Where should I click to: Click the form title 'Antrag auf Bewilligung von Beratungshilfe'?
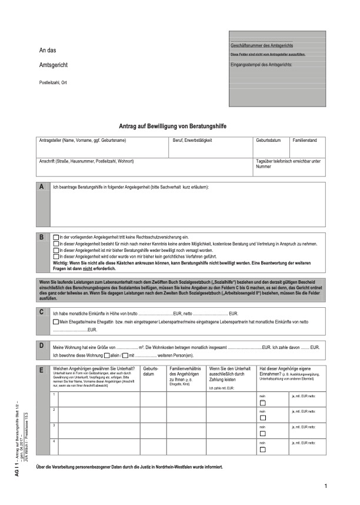point(177,127)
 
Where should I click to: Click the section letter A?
point(41,187)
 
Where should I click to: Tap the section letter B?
point(41,238)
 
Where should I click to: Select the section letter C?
point(41,312)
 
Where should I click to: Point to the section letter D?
point(41,345)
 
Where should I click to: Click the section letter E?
point(41,370)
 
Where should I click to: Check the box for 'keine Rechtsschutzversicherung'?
point(56,236)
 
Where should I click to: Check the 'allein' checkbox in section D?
point(106,356)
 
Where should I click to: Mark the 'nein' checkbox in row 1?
point(263,403)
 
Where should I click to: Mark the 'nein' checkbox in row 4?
point(263,448)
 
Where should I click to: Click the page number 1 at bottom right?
point(325,486)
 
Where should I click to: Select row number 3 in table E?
point(54,424)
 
